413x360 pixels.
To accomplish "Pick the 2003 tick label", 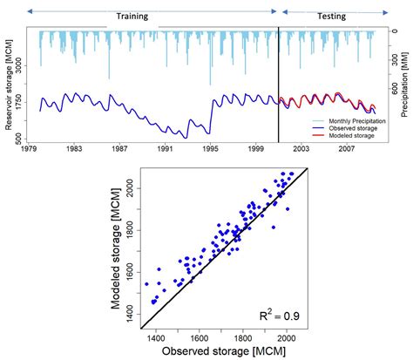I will click(301, 149).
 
